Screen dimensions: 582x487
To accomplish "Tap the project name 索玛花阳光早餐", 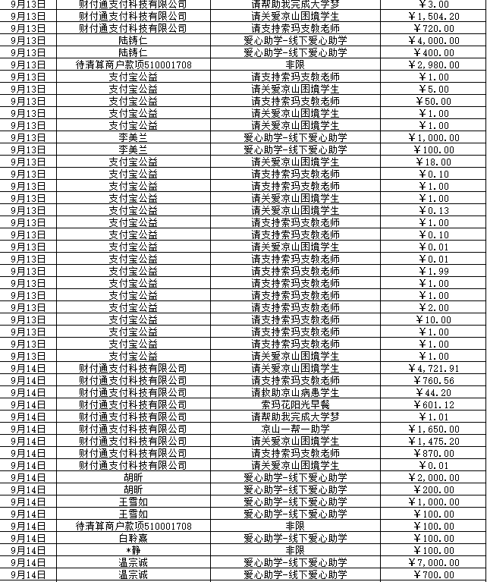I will tap(295, 404).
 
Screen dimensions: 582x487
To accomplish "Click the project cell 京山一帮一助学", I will tap(295, 429).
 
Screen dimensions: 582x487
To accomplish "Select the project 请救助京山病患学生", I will tap(295, 392).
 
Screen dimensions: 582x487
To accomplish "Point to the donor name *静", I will tap(134, 550).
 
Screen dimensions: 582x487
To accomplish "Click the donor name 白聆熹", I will tap(134, 538).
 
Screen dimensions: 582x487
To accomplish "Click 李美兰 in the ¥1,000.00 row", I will tap(134, 137).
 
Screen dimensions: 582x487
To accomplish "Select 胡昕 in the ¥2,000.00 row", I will tap(134, 477).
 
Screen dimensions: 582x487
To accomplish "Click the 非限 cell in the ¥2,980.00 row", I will tap(295, 64).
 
